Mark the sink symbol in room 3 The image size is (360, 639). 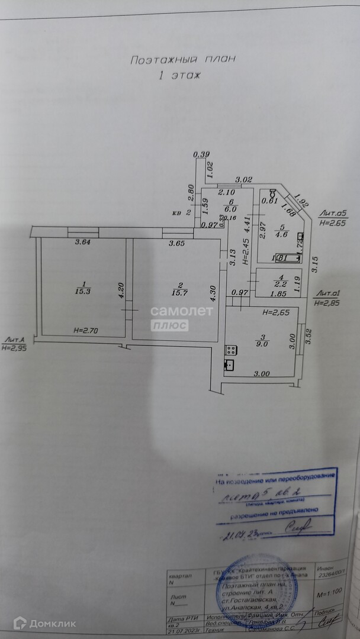[x=229, y=364]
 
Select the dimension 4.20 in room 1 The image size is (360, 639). [x=120, y=290]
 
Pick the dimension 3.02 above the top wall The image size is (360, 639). [x=244, y=179]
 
